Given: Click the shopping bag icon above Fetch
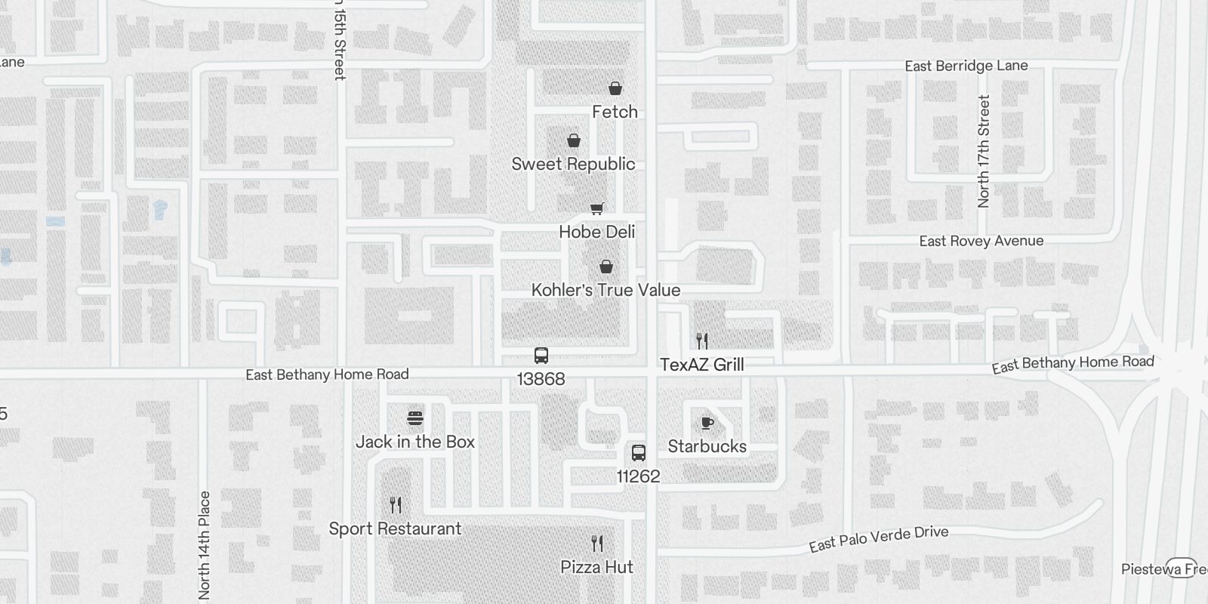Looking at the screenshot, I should tap(615, 89).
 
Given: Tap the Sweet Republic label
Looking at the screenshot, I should tap(573, 164).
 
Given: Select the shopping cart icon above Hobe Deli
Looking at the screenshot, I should tap(597, 208).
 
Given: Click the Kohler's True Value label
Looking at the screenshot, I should tap(606, 290).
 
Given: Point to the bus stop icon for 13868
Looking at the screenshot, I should tap(541, 356).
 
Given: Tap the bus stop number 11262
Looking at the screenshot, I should tap(638, 476).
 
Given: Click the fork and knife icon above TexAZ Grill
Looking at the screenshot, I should tap(702, 341).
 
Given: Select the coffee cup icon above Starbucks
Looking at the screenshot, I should tap(707, 423).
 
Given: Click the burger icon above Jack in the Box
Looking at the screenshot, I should tap(415, 418).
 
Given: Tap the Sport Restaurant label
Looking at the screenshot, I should tap(395, 528).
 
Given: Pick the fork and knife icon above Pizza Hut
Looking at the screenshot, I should tap(597, 544).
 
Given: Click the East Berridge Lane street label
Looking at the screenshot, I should tap(966, 66).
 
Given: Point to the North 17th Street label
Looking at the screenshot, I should tap(983, 151).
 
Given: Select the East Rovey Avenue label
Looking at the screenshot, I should tap(981, 241).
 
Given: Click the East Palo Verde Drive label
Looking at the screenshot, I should tap(879, 538).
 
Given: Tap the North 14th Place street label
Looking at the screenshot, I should tap(205, 545).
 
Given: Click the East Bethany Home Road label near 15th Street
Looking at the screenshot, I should tap(327, 374).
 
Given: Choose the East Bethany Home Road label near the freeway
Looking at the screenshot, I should tap(1073, 364).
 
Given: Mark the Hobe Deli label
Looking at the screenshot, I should tap(596, 232).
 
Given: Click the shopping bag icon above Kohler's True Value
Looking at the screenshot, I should tap(606, 267).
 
